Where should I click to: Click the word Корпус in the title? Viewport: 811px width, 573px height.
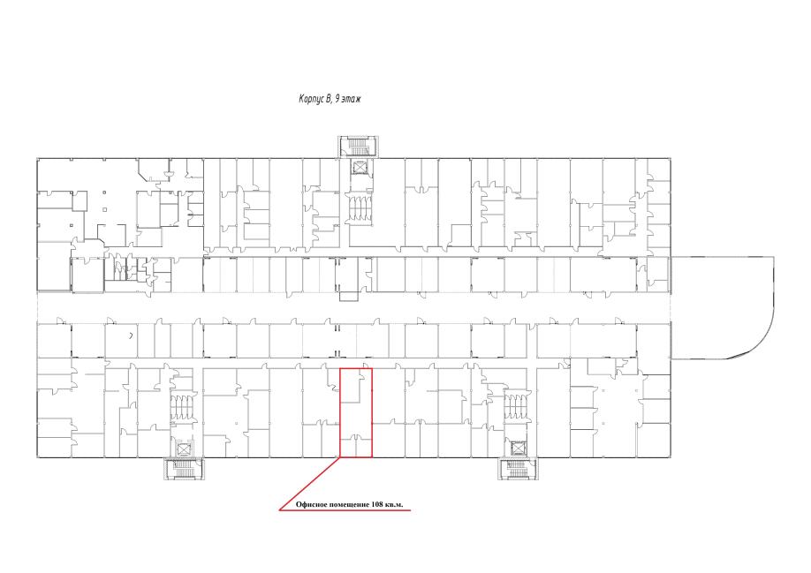pyautogui.click(x=311, y=99)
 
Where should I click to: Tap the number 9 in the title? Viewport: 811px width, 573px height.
pyautogui.click(x=337, y=98)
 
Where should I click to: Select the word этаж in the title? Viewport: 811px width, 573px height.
pyautogui.click(x=352, y=99)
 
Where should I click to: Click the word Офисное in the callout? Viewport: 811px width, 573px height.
pyautogui.click(x=311, y=504)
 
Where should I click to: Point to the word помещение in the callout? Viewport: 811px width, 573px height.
pyautogui.click(x=349, y=505)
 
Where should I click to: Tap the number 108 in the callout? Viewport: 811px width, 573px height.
pyautogui.click(x=377, y=504)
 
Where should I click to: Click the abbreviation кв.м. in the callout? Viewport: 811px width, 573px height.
pyautogui.click(x=394, y=505)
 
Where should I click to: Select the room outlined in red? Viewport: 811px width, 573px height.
pyautogui.click(x=356, y=412)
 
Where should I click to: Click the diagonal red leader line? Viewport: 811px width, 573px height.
pyautogui.click(x=310, y=484)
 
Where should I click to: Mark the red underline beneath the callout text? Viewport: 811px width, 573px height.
pyautogui.click(x=345, y=510)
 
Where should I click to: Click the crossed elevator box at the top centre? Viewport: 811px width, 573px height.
pyautogui.click(x=358, y=168)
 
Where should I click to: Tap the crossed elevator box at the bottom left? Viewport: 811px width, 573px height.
pyautogui.click(x=184, y=449)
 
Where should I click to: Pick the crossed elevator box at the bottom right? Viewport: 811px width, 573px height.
pyautogui.click(x=517, y=449)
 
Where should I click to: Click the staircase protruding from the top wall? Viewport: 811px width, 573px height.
pyautogui.click(x=358, y=147)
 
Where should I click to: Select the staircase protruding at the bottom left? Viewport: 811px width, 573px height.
pyautogui.click(x=184, y=468)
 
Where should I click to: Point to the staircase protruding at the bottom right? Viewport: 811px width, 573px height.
pyautogui.click(x=517, y=468)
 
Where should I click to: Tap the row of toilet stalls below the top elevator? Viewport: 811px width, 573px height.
pyautogui.click(x=359, y=208)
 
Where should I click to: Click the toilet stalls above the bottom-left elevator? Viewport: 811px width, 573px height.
pyautogui.click(x=184, y=407)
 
